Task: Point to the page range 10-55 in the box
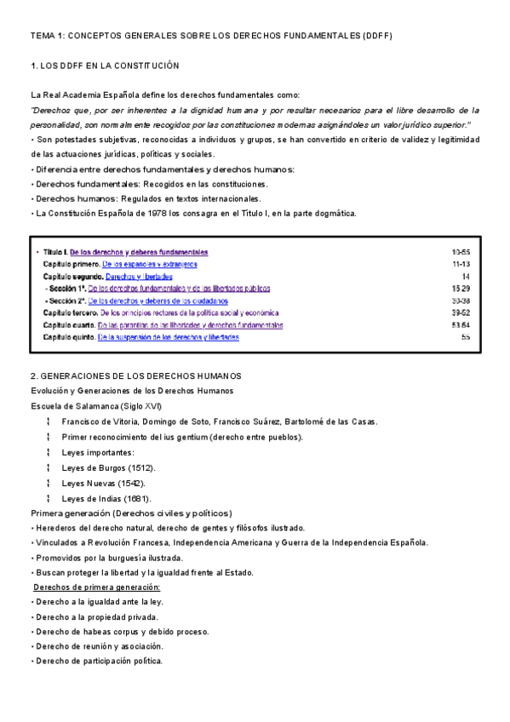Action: pyautogui.click(x=461, y=253)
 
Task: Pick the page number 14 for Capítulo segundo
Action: pyautogui.click(x=466, y=277)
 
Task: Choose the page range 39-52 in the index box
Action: pyautogui.click(x=461, y=313)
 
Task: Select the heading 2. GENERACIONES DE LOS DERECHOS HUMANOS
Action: pyautogui.click(x=136, y=375)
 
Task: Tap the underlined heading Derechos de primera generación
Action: pyautogui.click(x=96, y=587)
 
